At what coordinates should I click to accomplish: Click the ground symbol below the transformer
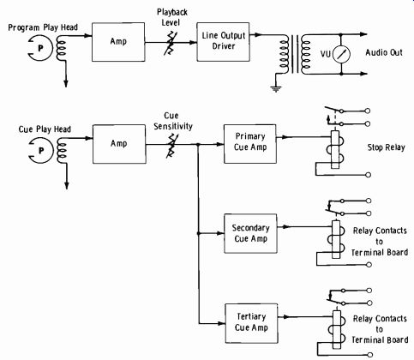pyautogui.click(x=276, y=89)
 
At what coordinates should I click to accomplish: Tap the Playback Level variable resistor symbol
pyautogui.click(x=171, y=43)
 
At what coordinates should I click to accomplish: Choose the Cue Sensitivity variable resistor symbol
pyautogui.click(x=171, y=145)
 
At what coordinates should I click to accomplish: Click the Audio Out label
pyautogui.click(x=384, y=52)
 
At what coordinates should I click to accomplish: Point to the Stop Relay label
pyautogui.click(x=386, y=147)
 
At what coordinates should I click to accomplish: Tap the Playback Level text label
pyautogui.click(x=172, y=17)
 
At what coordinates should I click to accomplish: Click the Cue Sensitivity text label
pyautogui.click(x=173, y=121)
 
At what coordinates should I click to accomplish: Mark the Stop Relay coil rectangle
pyautogui.click(x=335, y=150)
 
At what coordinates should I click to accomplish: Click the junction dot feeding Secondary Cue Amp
pyautogui.click(x=198, y=233)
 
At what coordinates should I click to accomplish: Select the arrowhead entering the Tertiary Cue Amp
pyautogui.click(x=222, y=323)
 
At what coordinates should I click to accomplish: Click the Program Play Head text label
pyautogui.click(x=43, y=27)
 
